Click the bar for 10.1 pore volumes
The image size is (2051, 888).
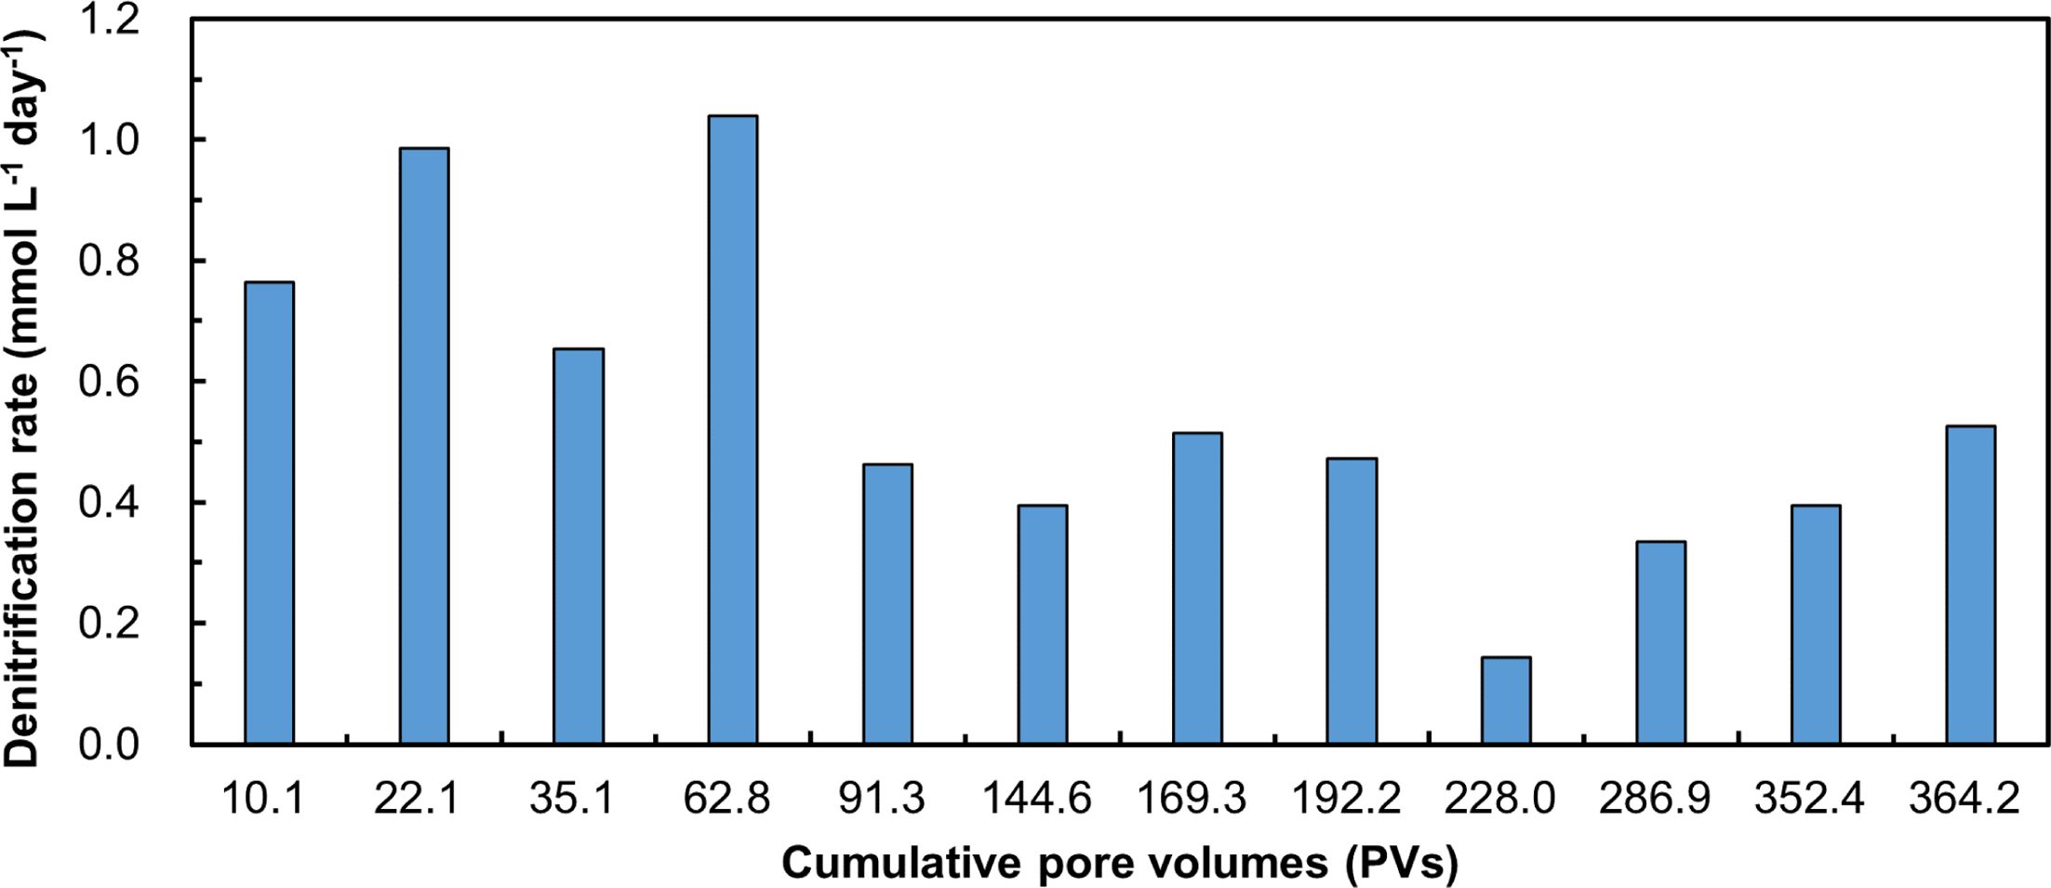[269, 512]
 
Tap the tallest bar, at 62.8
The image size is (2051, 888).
[733, 429]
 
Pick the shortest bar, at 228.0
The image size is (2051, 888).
[1506, 700]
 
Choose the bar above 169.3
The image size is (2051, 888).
[1197, 587]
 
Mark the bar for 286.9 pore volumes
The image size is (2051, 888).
[1661, 642]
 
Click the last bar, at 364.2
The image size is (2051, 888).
[1970, 585]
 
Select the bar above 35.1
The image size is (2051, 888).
[579, 545]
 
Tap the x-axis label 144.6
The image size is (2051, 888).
[1036, 799]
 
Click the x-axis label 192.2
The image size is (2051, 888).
[1346, 799]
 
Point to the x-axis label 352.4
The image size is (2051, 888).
[1809, 799]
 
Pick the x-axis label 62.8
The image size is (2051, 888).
[726, 799]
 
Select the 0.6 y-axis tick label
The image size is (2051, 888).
[109, 382]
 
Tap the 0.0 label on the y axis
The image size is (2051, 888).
[109, 745]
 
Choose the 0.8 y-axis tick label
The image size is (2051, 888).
[109, 262]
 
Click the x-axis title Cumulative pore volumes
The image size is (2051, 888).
[1055, 863]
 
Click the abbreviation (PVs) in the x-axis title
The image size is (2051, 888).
[1401, 864]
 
